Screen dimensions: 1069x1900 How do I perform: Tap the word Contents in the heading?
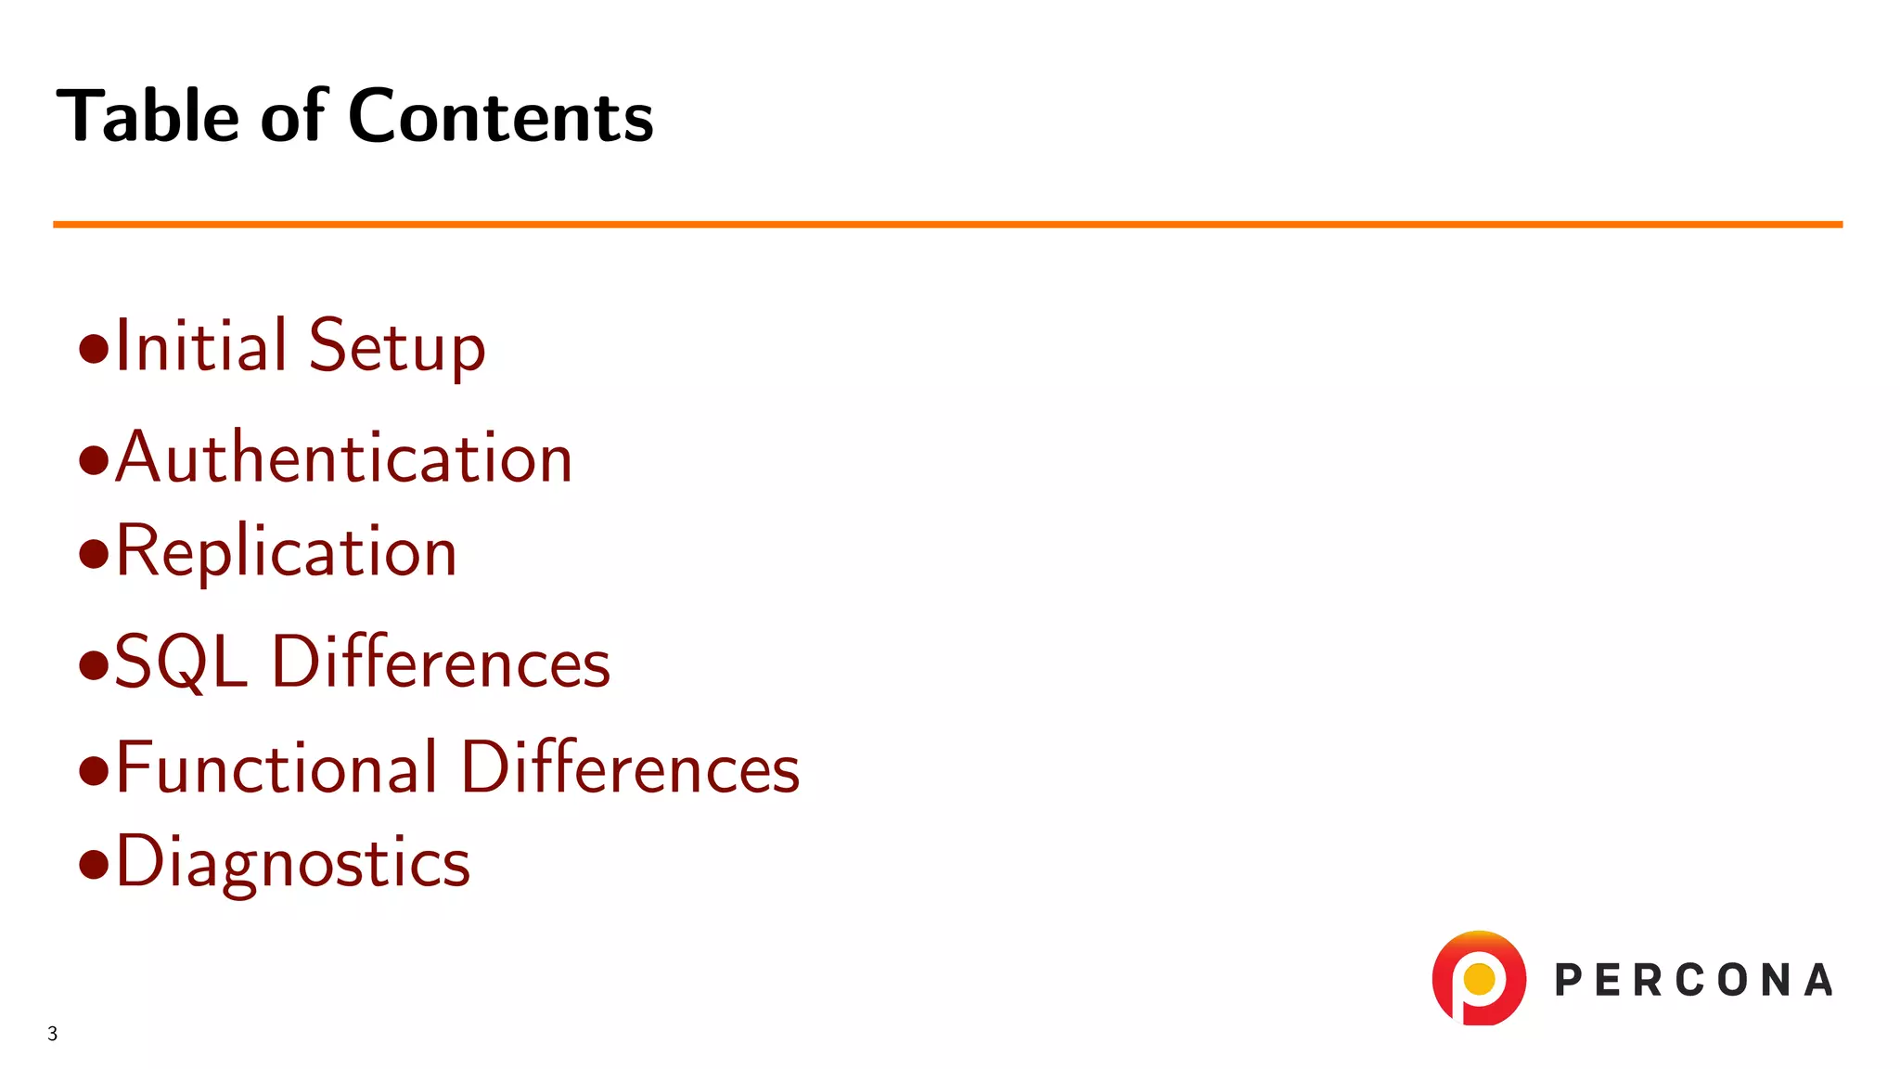(501, 116)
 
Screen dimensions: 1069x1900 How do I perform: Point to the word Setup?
(397, 347)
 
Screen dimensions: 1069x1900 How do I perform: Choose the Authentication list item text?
(344, 457)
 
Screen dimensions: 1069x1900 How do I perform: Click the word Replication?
(287, 552)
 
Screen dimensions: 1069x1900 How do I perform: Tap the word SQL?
(181, 663)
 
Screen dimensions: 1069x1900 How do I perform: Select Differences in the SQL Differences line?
(441, 663)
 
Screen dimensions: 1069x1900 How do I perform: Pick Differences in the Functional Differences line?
(630, 767)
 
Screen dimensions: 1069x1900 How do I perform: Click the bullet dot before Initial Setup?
(94, 350)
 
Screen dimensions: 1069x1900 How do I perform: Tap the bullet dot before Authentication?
(94, 460)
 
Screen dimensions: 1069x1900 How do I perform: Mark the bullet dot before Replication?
(94, 555)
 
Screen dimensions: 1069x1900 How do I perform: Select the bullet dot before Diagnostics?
(94, 864)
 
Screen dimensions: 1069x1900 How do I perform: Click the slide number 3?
(53, 1034)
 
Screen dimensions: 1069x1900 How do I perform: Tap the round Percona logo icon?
(1479, 978)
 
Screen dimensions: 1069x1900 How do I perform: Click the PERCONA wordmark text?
(1693, 981)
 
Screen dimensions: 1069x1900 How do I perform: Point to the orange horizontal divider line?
(946, 225)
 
